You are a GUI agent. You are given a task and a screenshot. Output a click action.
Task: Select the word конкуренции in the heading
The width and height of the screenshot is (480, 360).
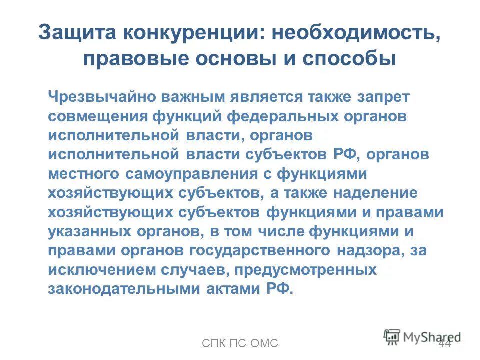click(192, 34)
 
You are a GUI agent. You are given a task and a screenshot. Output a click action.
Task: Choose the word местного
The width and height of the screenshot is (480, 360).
click(83, 173)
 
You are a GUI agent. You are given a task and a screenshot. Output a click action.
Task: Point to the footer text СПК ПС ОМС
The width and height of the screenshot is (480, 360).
click(240, 344)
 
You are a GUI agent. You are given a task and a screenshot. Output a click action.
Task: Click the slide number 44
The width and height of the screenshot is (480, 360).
click(444, 344)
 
